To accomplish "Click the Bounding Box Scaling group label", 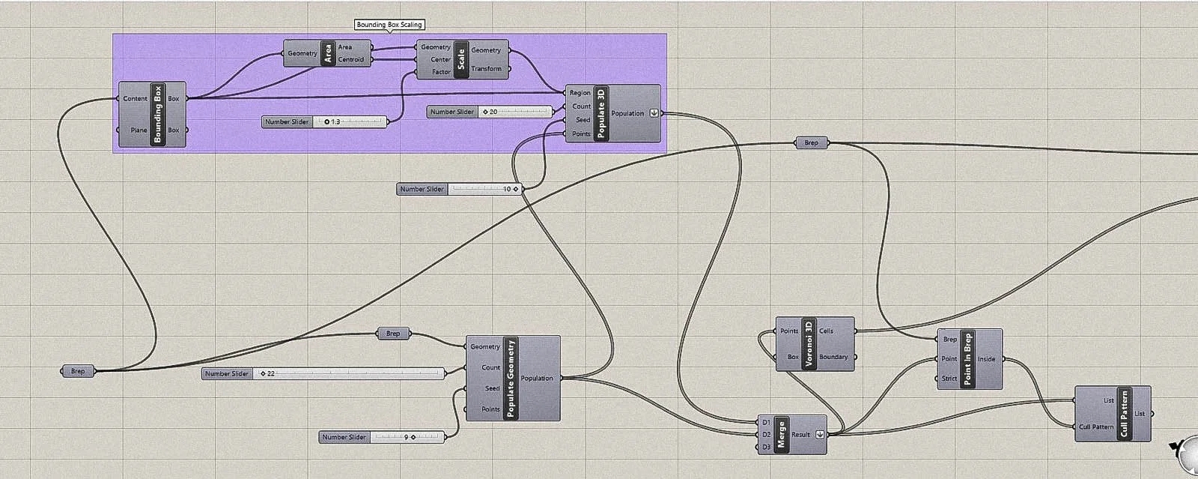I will tap(389, 25).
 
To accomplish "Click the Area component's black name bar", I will tap(327, 53).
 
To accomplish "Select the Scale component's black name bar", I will tap(461, 59).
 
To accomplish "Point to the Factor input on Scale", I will tap(441, 72).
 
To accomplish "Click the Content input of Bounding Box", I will tap(136, 99).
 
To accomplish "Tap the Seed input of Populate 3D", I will tap(582, 120).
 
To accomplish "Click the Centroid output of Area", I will tap(351, 59).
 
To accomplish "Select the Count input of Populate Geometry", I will tap(490, 367).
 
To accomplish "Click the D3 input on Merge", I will tap(766, 447).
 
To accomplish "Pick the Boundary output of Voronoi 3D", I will tap(833, 357).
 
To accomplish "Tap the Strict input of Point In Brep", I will tap(949, 379).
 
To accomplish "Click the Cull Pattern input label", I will tap(1096, 427).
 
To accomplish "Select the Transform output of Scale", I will tap(486, 69).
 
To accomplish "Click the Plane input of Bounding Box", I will tap(139, 130).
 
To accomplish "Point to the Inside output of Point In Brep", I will tap(987, 359).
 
